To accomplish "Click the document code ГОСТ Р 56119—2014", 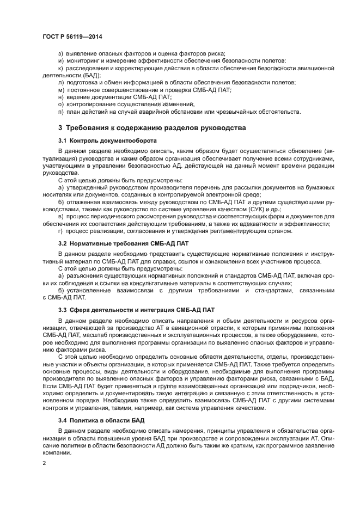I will pyautogui.click(x=72, y=36).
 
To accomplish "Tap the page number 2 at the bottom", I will pyautogui.click(x=45, y=463).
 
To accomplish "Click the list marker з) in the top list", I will pyautogui.click(x=60, y=54).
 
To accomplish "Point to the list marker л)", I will pyautogui.click(x=60, y=82).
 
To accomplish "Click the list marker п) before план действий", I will pyautogui.click(x=60, y=111).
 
